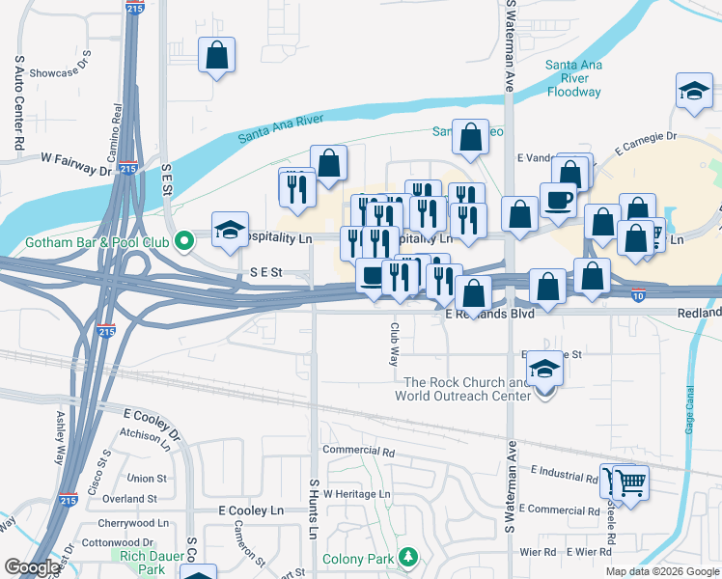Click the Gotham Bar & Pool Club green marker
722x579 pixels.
click(x=180, y=242)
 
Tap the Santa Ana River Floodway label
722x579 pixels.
click(x=573, y=79)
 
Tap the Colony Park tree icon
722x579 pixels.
click(x=408, y=558)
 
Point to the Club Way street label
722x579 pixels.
click(x=394, y=344)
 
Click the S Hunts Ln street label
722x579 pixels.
click(x=314, y=509)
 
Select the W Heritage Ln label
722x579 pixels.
click(x=357, y=494)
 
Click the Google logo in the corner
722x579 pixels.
click(x=32, y=567)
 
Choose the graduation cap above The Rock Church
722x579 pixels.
click(x=544, y=369)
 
